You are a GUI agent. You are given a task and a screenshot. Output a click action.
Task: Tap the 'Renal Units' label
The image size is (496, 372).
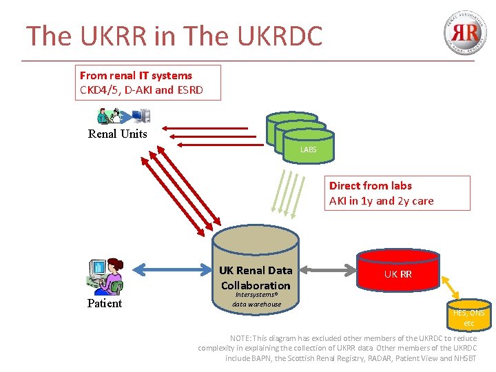118,134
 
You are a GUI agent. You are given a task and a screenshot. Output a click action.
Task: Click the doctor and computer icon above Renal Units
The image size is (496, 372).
123,115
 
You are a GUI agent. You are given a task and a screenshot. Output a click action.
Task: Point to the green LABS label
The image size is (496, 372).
307,149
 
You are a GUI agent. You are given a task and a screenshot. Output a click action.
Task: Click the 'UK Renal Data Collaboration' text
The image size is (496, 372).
256,278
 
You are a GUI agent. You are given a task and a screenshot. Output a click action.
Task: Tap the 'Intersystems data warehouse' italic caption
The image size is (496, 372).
256,300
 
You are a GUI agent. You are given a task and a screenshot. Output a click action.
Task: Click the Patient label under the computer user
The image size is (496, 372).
105,303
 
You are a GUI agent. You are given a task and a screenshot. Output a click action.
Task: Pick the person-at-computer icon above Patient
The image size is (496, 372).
104,276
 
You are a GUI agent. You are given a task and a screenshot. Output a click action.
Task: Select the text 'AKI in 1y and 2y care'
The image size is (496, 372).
381,201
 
